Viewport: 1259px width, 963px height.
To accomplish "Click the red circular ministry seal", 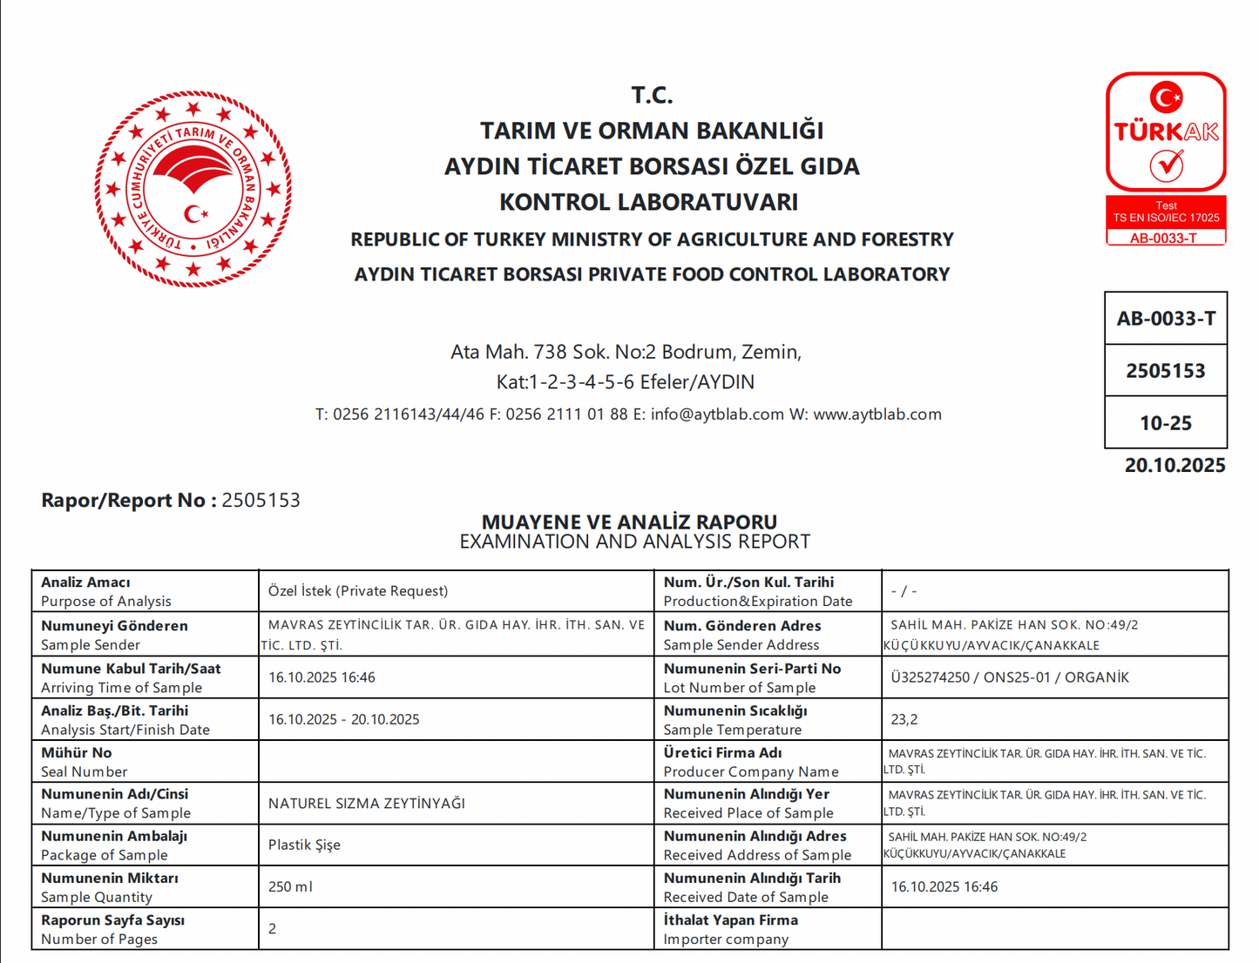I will pos(193,189).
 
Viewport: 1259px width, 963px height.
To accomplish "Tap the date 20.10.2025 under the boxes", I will pos(1174,465).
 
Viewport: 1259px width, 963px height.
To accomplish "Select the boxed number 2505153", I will pos(1166,371).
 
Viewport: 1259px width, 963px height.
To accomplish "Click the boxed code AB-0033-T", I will pos(1166,319).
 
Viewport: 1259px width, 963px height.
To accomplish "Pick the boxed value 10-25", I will pos(1166,423).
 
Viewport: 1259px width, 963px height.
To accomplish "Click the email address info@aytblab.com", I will pos(717,414).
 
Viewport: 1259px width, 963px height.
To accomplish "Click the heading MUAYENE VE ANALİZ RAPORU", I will pos(629,522).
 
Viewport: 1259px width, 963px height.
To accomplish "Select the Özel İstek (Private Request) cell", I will pos(358,591).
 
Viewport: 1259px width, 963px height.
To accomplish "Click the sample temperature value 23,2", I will pos(904,719).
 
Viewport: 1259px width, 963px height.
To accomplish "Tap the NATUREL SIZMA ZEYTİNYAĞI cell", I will pos(367,803).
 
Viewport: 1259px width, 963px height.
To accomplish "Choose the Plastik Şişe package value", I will pos(304,845).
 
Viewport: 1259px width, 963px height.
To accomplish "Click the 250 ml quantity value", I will pos(290,886).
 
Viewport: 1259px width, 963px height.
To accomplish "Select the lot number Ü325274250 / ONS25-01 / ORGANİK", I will pos(1009,677).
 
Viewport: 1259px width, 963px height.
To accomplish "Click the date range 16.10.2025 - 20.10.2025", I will pos(343,719).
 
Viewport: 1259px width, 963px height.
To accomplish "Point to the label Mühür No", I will pos(77,752).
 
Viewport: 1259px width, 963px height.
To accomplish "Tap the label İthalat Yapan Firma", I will pos(730,919).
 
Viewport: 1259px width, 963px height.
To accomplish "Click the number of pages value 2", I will pos(273,928).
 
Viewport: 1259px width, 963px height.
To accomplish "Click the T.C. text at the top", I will pos(652,94).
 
